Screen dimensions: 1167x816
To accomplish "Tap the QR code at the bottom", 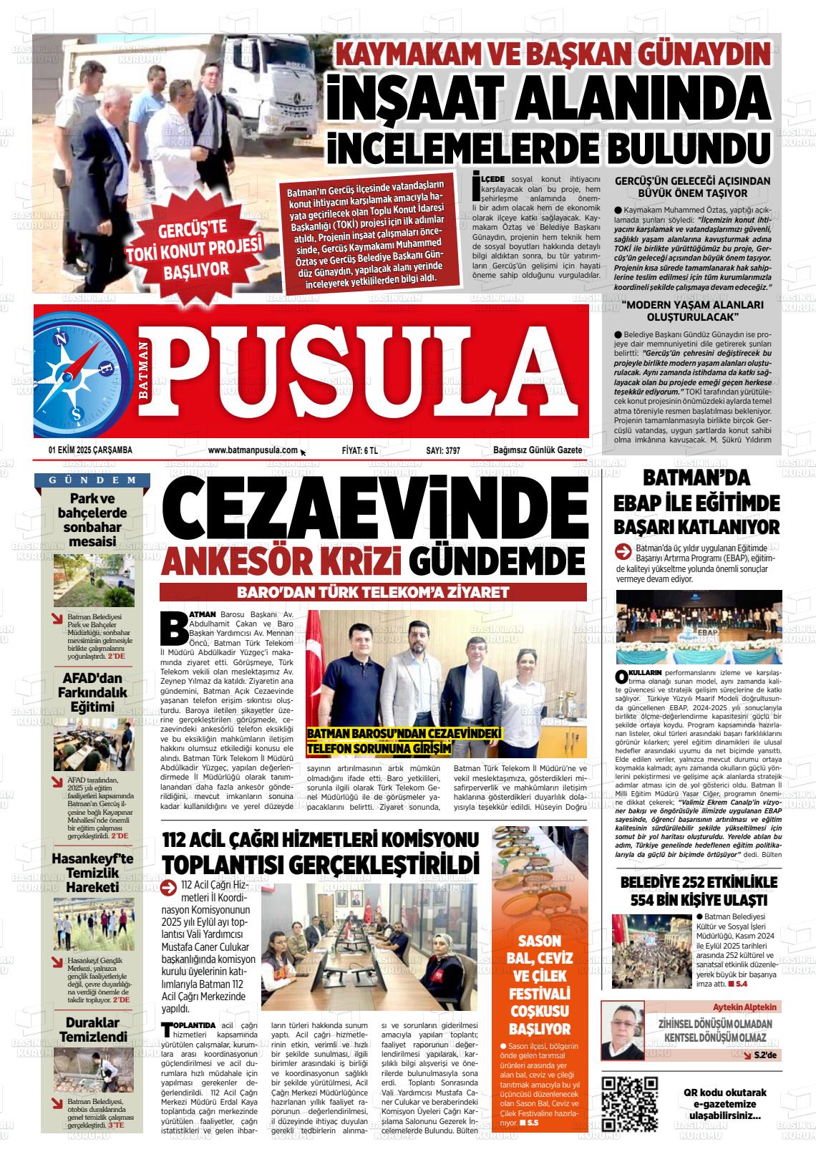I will tap(630, 1103).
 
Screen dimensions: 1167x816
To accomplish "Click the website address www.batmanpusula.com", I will tap(253, 450).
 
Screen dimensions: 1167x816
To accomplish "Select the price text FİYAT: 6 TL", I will tap(360, 450).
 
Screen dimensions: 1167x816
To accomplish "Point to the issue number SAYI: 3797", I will tap(442, 450).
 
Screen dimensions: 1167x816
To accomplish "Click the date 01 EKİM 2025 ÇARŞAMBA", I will tap(90, 450).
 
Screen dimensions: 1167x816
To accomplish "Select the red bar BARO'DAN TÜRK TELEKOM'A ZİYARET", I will tap(372, 592).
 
